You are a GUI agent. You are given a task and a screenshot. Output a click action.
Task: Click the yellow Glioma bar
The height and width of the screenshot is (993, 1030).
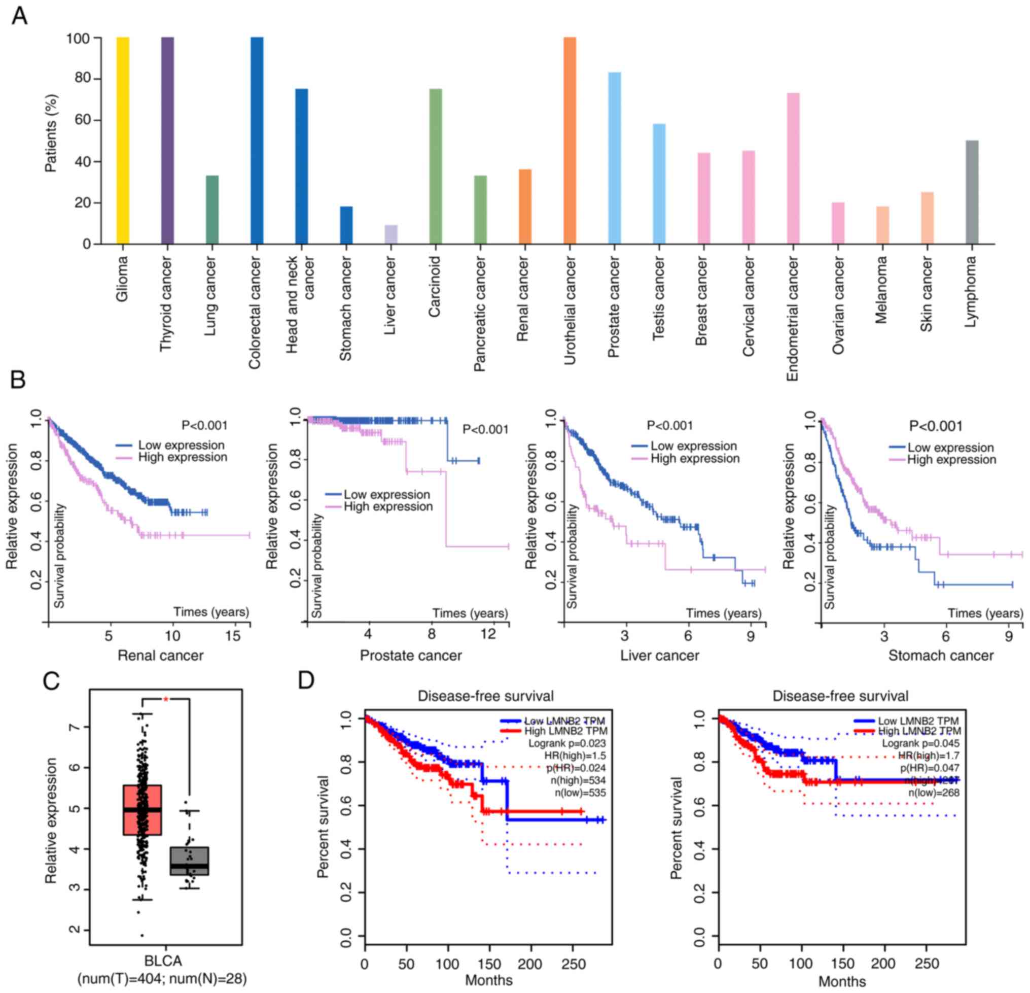pyautogui.click(x=122, y=141)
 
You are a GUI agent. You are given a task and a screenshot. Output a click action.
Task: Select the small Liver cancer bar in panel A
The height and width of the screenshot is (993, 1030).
pyautogui.click(x=391, y=234)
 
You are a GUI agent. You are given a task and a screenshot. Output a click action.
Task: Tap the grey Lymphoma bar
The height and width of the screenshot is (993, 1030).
pyautogui.click(x=972, y=192)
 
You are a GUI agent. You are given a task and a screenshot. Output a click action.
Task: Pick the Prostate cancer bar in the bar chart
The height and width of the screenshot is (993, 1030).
pyautogui.click(x=614, y=158)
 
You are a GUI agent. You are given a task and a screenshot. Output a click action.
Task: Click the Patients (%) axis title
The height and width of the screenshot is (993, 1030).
pyautogui.click(x=51, y=133)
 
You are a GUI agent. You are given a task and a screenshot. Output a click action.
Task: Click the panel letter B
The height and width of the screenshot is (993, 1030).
pyautogui.click(x=18, y=380)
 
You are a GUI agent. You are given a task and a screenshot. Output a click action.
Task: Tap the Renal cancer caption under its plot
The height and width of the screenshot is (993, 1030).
pyautogui.click(x=160, y=656)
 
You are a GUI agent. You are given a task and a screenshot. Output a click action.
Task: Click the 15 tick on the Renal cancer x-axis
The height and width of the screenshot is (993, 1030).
pyautogui.click(x=233, y=636)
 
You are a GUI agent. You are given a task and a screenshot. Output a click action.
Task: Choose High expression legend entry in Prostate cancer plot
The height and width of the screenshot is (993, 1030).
pyautogui.click(x=388, y=507)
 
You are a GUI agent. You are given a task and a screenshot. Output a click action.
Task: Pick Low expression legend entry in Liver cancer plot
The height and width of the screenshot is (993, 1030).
pyautogui.click(x=693, y=447)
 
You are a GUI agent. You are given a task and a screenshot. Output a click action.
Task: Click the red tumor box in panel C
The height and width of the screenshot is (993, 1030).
pyautogui.click(x=142, y=809)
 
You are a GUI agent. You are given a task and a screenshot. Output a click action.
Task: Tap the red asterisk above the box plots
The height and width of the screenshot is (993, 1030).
pyautogui.click(x=165, y=699)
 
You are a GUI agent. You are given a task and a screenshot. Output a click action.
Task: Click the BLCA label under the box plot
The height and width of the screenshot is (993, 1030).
pyautogui.click(x=163, y=961)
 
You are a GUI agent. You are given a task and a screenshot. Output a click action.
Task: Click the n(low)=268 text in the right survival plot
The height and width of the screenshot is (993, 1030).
pyautogui.click(x=934, y=792)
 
